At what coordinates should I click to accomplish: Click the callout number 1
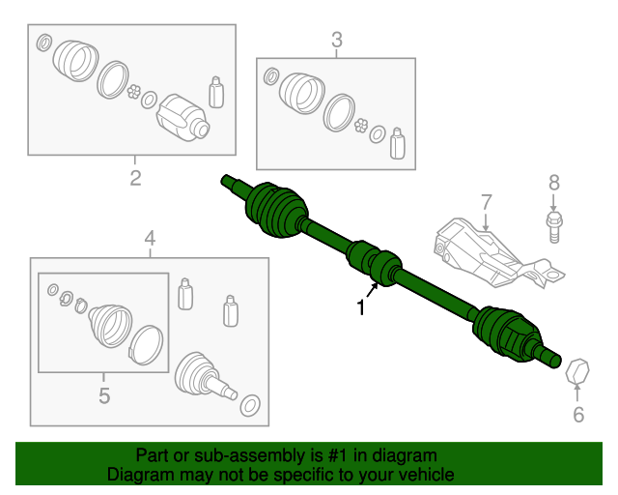[361, 309]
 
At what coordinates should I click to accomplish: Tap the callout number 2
[135, 177]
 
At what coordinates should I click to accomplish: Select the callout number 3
[336, 40]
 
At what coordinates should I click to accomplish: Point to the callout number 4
[150, 238]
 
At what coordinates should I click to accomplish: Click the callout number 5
[103, 394]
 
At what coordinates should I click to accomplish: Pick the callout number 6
[578, 416]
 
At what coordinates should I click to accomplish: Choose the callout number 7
[486, 201]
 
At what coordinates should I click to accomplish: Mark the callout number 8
[553, 182]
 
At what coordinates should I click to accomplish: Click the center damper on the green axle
[375, 264]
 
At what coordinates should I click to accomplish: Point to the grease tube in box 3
[397, 142]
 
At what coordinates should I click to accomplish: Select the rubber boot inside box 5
[108, 324]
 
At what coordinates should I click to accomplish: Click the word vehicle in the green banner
[419, 476]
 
